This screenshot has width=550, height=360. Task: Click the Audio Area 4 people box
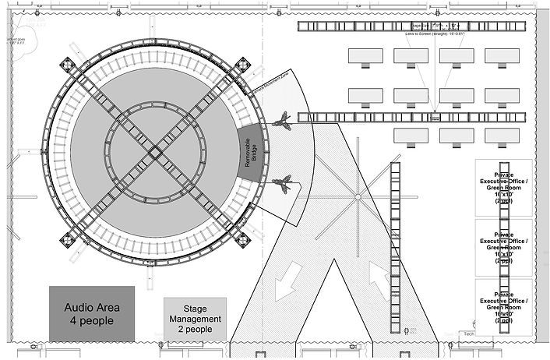92,313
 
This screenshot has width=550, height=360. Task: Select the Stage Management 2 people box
195,319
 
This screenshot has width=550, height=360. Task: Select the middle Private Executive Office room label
504,245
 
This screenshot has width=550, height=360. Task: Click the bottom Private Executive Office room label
504,305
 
